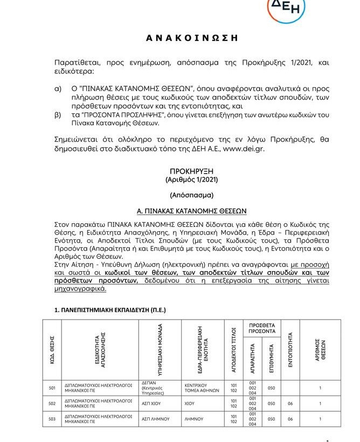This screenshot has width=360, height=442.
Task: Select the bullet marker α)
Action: (x=58, y=88)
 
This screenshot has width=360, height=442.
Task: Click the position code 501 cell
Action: (x=52, y=388)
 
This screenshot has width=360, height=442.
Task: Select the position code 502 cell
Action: (x=52, y=403)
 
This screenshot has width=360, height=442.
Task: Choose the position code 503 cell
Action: (x=52, y=419)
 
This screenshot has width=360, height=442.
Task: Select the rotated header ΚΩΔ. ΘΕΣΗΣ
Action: (x=52, y=349)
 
